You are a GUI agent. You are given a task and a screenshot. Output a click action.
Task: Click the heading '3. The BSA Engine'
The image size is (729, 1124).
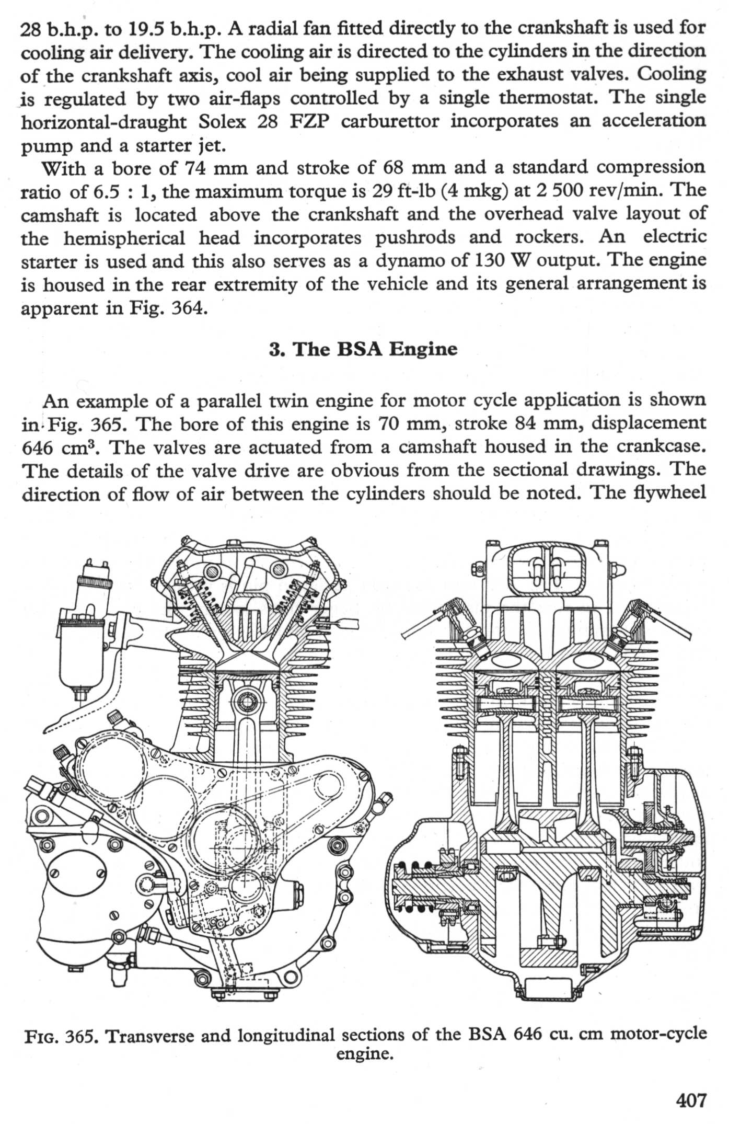click(363, 349)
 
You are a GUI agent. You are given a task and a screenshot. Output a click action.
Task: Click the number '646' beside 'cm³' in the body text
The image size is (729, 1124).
click(38, 448)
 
